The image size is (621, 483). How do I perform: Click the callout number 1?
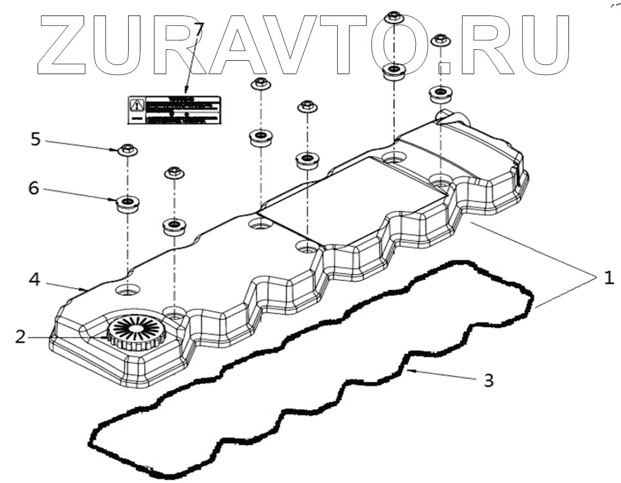(x=608, y=278)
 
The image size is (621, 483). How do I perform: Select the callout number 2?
(x=20, y=336)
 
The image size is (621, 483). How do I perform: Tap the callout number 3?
(x=488, y=380)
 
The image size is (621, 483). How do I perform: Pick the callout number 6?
(x=34, y=189)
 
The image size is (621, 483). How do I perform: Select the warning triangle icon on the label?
(x=136, y=104)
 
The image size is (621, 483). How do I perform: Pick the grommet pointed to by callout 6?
(x=127, y=204)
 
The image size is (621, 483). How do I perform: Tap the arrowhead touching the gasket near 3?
(x=410, y=371)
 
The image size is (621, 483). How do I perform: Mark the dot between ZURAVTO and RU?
(x=443, y=68)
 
